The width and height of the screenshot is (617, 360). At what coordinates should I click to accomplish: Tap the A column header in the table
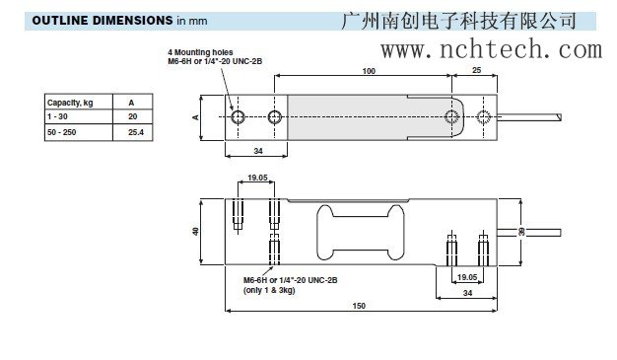pos(131,102)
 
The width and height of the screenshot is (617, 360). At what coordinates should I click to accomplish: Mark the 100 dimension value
pos(369,72)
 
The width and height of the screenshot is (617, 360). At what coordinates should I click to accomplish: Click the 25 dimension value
pos(478,72)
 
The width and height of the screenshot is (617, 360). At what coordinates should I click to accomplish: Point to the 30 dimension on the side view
pos(521,233)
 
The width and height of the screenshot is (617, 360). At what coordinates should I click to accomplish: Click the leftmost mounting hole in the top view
pos(240,117)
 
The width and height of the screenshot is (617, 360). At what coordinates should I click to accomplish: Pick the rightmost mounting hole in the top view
pos(483,117)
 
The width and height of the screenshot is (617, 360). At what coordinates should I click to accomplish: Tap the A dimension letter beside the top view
pos(196,116)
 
